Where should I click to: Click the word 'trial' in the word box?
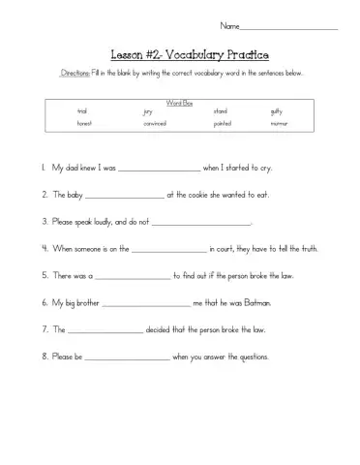82,111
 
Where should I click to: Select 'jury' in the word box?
147,111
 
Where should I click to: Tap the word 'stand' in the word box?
220,111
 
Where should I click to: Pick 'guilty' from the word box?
277,111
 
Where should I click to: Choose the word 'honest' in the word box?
85,124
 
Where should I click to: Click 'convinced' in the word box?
155,124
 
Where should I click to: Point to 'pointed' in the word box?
222,124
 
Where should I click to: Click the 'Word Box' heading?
179,102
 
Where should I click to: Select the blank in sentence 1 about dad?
158,168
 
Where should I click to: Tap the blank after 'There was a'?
133,275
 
